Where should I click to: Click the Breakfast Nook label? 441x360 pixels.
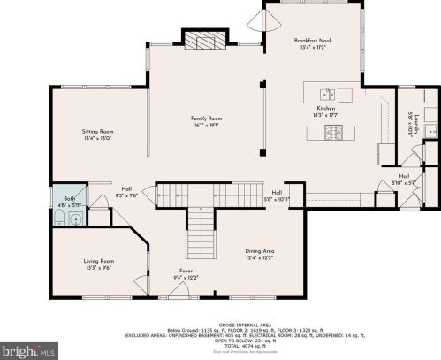pyautogui.click(x=314, y=41)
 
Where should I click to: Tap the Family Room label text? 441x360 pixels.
pyautogui.click(x=206, y=119)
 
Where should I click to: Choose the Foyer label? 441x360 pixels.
pyautogui.click(x=184, y=271)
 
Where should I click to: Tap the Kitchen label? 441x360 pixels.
pyautogui.click(x=326, y=107)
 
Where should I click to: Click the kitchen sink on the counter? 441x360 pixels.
pyautogui.click(x=327, y=94)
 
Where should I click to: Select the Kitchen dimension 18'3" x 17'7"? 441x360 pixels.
pyautogui.click(x=326, y=114)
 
